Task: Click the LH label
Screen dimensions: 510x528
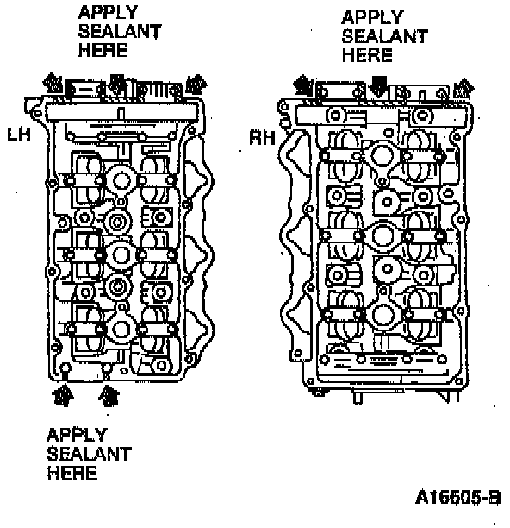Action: tap(19, 135)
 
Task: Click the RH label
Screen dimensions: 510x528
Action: tap(262, 138)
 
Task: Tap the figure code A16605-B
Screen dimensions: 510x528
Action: tap(458, 497)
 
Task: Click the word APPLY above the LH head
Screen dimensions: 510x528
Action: tap(108, 12)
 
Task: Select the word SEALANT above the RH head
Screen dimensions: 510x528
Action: tap(384, 36)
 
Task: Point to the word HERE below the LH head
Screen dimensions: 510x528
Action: tap(72, 473)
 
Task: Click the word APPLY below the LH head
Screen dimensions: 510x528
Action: tap(77, 435)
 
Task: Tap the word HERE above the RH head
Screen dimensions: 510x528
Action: tap(367, 55)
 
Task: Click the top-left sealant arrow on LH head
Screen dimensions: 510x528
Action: tap(53, 83)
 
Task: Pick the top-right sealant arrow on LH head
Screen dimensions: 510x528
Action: tap(196, 84)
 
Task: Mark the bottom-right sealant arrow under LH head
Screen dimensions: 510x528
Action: tap(109, 395)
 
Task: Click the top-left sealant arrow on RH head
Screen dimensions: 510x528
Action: tap(303, 85)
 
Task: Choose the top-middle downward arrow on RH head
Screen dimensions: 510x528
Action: tap(378, 86)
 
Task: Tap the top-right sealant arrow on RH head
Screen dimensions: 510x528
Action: tap(464, 89)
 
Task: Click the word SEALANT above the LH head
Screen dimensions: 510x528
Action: tap(120, 31)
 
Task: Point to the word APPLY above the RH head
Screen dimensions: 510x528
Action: tap(372, 17)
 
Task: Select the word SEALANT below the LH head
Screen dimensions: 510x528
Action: tap(89, 454)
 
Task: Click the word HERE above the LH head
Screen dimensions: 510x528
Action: tap(103, 50)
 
